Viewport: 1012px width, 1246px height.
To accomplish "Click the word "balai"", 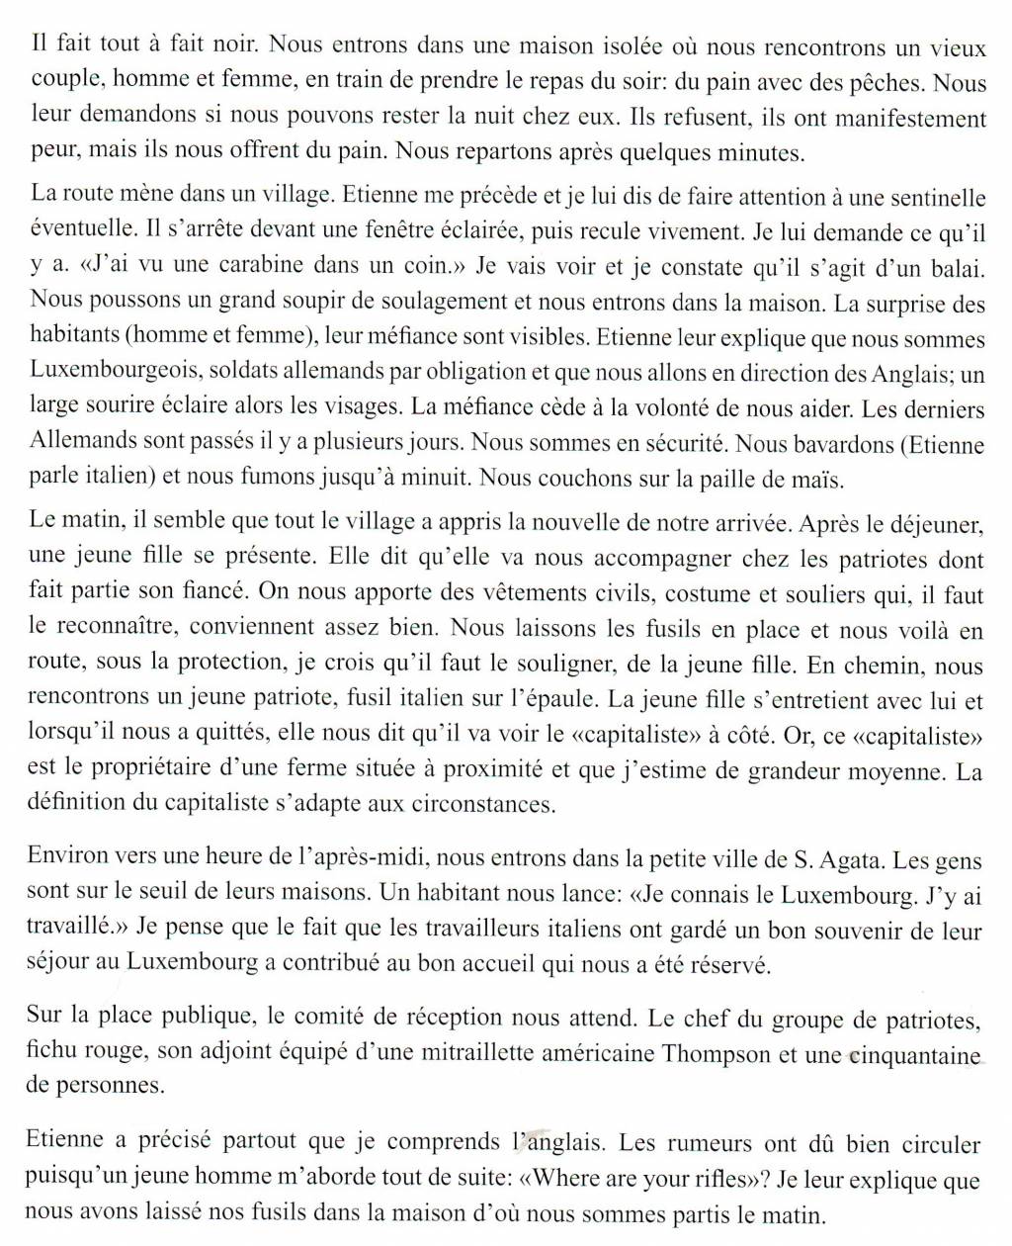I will (x=959, y=266).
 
